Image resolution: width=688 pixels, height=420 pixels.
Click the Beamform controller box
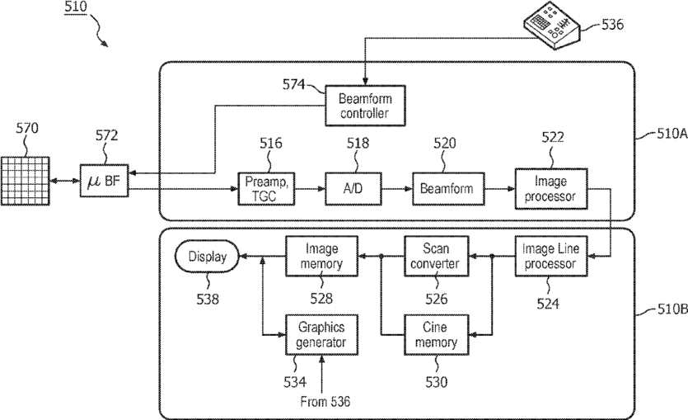(365, 106)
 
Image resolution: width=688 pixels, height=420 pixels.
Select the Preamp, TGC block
(266, 188)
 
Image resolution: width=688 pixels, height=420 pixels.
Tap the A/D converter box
(353, 188)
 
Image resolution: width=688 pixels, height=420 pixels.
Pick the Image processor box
(551, 188)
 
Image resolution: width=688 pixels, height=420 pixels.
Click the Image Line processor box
(551, 256)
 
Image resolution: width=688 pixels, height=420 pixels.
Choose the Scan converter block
(436, 256)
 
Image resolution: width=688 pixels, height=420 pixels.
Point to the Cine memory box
(436, 335)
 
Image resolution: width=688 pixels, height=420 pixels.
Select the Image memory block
(321, 256)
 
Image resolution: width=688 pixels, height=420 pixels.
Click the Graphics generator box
(321, 335)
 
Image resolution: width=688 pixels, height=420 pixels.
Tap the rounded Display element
(207, 257)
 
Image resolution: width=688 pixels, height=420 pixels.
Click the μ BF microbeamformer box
(104, 181)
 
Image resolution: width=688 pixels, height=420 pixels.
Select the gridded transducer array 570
(25, 181)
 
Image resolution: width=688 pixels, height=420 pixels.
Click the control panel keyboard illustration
(551, 25)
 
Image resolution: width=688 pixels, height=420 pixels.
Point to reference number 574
(293, 84)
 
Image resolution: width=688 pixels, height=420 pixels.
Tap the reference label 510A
(672, 134)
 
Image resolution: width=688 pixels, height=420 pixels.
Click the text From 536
(325, 401)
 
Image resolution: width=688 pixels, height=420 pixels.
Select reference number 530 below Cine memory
(436, 382)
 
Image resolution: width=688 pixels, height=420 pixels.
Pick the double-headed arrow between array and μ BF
(64, 181)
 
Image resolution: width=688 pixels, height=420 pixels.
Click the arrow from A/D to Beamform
(397, 189)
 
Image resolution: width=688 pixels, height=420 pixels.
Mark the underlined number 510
(76, 7)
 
